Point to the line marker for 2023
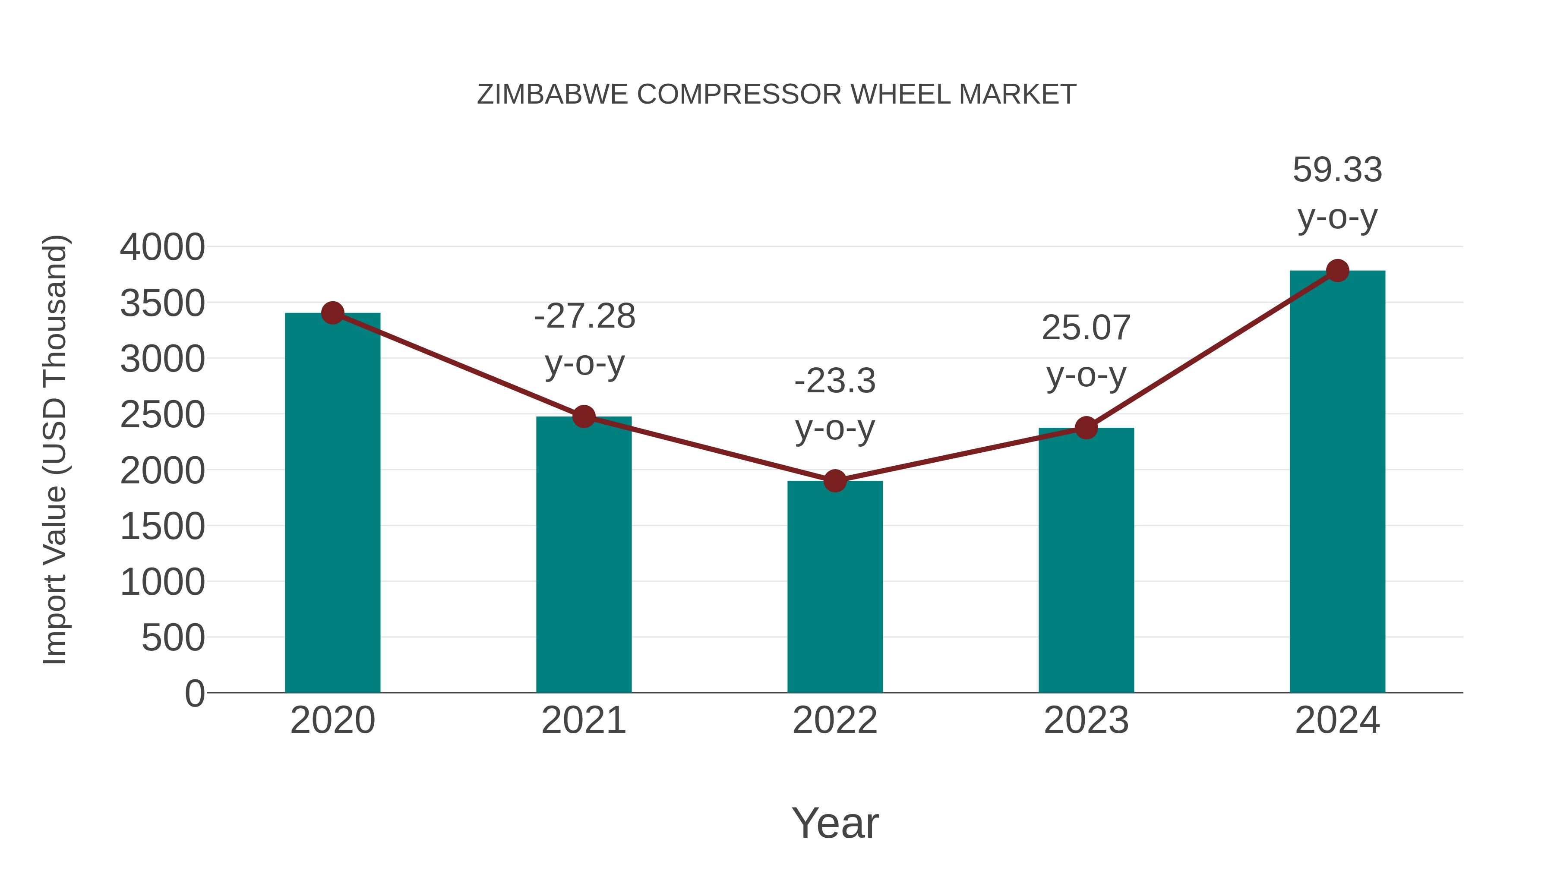pyautogui.click(x=1086, y=428)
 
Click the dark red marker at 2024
pyautogui.click(x=1337, y=271)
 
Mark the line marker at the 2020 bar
pyautogui.click(x=332, y=312)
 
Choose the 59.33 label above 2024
pyautogui.click(x=1337, y=170)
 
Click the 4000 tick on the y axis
pyautogui.click(x=162, y=247)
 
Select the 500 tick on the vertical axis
pyautogui.click(x=173, y=638)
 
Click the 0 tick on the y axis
pyautogui.click(x=195, y=694)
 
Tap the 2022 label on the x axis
pyautogui.click(x=835, y=720)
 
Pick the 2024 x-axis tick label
pyautogui.click(x=1337, y=720)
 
